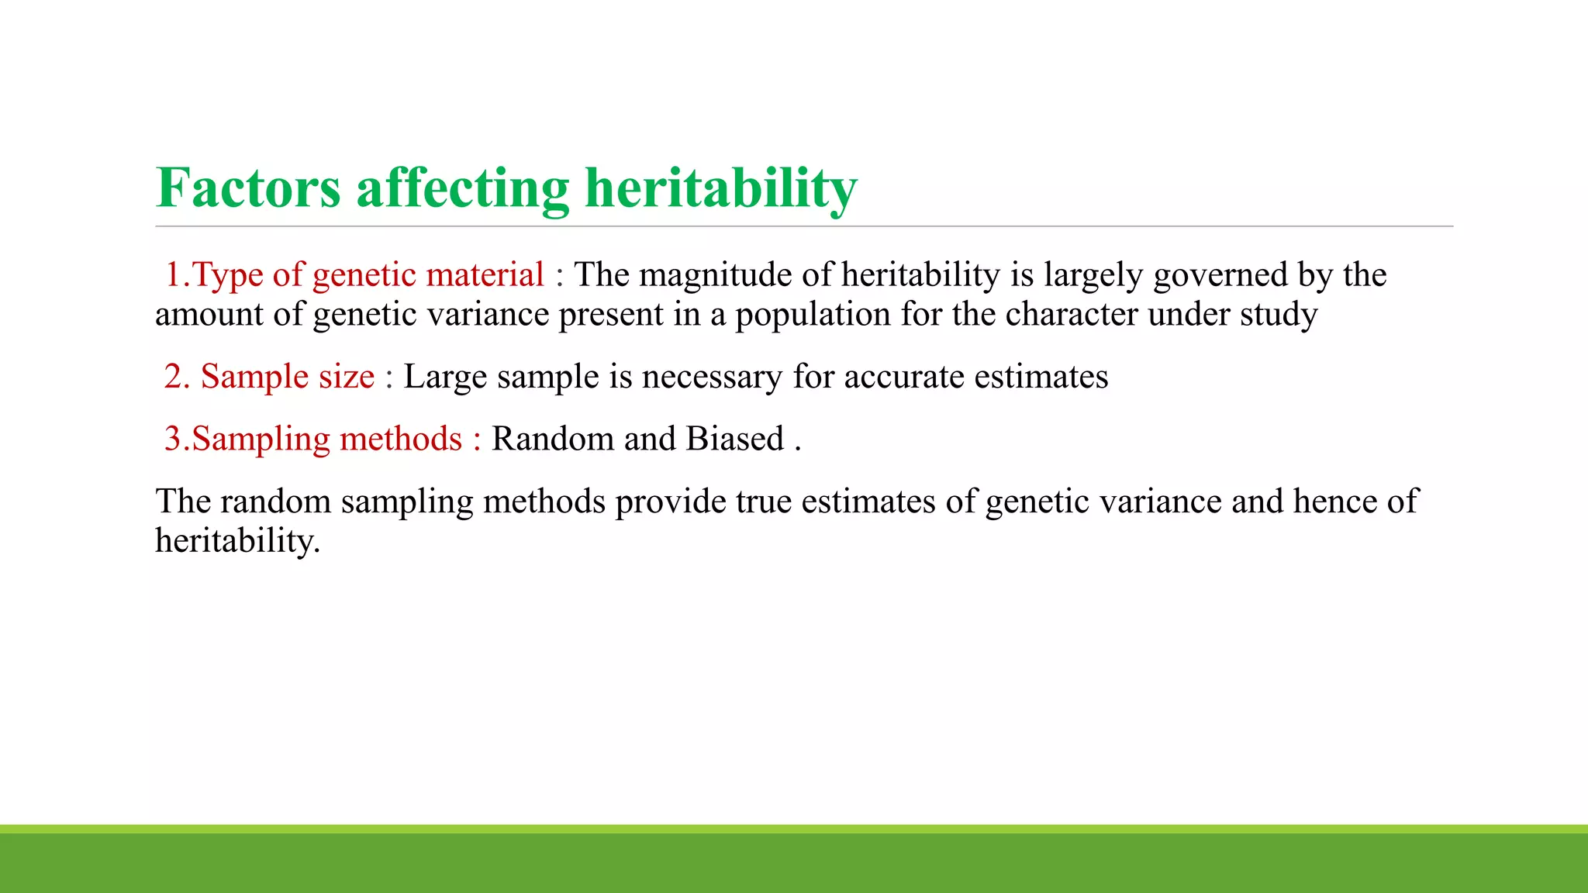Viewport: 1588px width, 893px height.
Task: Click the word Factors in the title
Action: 248,188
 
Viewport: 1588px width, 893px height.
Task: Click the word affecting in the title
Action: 462,188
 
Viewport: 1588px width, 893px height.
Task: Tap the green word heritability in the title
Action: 720,188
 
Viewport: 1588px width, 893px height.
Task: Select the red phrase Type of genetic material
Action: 368,274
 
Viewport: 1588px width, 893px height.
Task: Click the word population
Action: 813,315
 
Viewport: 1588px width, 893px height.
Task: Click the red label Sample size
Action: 288,377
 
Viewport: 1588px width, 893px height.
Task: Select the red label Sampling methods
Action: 326,439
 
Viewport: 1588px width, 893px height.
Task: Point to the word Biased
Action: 735,439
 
